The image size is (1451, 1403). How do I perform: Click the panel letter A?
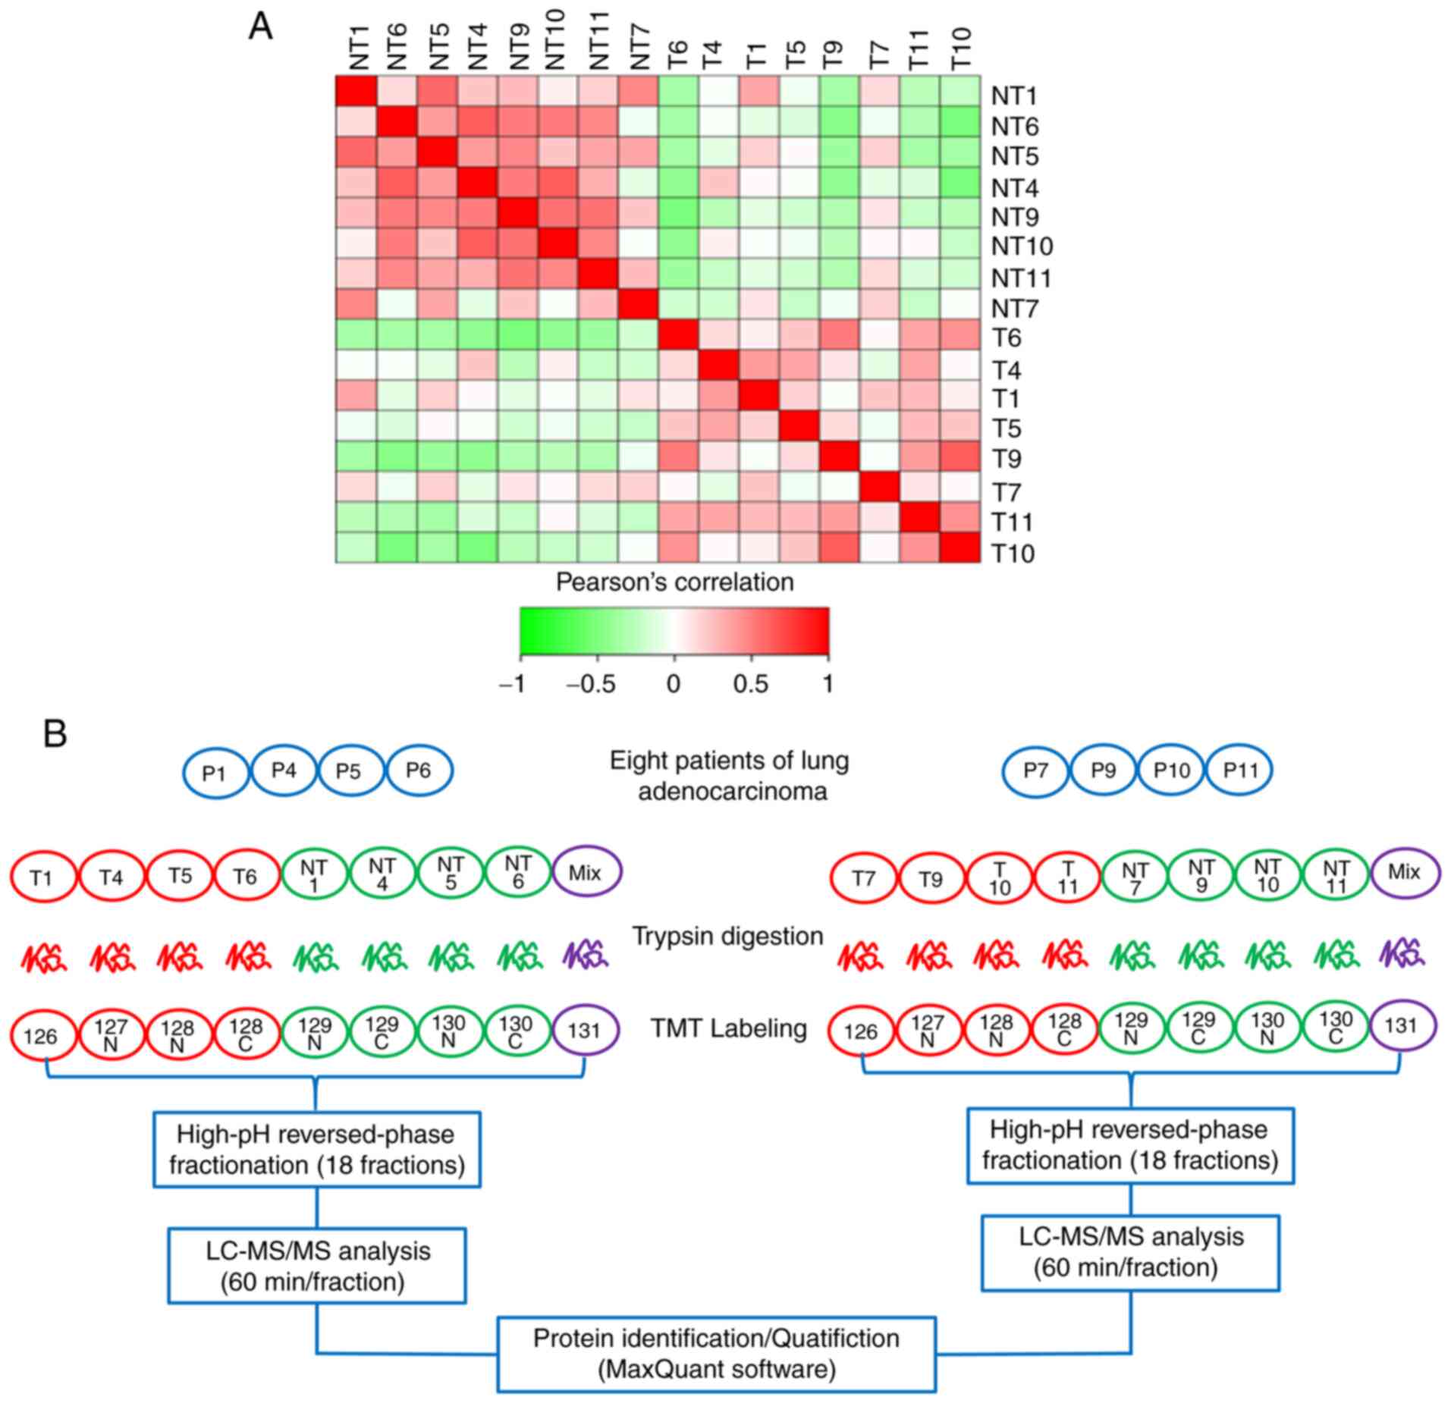(260, 28)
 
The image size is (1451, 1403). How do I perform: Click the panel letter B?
(55, 733)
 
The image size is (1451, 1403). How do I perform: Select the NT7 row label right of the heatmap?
(1015, 309)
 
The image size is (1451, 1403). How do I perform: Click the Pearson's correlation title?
(674, 582)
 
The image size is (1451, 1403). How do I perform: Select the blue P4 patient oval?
(284, 771)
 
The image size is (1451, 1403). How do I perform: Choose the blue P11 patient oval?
(1240, 771)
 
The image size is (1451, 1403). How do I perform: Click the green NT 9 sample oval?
(1201, 874)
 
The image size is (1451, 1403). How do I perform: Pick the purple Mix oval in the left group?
(586, 873)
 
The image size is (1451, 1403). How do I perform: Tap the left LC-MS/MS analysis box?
(316, 1266)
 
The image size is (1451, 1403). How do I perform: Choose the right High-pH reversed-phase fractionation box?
(1129, 1145)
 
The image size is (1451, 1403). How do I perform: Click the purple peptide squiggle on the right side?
(1402, 953)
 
